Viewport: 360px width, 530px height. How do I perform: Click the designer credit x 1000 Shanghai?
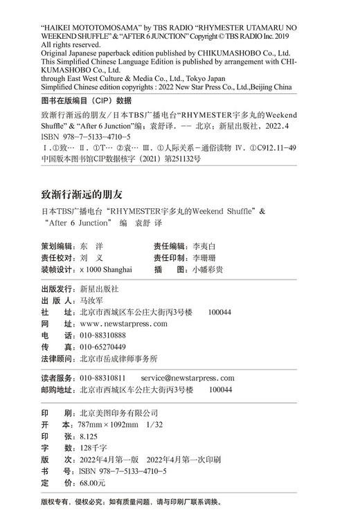point(106,269)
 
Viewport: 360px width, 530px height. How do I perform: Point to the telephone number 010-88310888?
point(103,335)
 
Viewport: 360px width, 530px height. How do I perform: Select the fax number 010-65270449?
point(103,347)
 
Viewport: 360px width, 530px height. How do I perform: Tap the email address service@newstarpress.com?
point(188,378)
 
